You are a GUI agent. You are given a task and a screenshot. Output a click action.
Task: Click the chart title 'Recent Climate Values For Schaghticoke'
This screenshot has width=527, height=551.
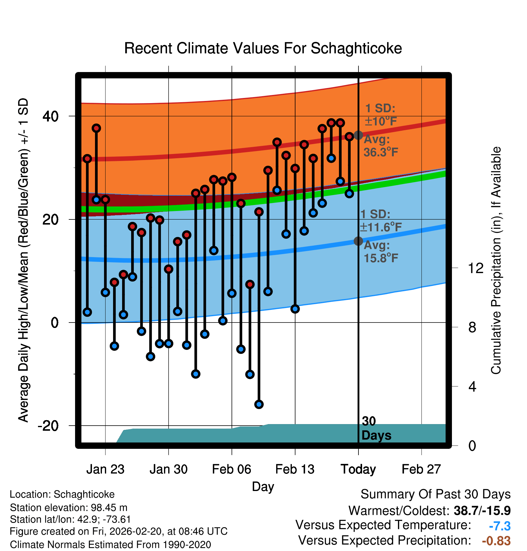[263, 48]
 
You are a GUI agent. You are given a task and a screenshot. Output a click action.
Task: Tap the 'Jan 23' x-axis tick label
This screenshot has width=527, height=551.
[105, 469]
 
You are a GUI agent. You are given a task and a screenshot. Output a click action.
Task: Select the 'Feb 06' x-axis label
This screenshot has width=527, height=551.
[232, 469]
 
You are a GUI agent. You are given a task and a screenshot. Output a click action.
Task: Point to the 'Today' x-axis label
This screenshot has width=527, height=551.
[358, 469]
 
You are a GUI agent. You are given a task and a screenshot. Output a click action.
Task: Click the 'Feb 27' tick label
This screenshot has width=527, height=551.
[421, 469]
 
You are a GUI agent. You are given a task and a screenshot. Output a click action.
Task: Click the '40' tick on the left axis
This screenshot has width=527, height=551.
[50, 116]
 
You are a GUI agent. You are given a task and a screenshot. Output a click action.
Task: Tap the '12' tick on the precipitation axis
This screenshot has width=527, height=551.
[475, 268]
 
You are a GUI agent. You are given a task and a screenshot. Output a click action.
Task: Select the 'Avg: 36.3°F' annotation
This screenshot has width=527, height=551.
[381, 146]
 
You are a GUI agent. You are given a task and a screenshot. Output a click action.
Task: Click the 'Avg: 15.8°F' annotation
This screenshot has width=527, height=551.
[381, 252]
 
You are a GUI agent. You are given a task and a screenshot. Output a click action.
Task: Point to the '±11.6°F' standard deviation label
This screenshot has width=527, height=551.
[381, 227]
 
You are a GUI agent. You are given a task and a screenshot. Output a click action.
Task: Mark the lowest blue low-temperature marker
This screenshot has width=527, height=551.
[259, 404]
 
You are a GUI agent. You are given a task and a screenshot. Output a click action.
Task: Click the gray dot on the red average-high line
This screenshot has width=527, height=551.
[358, 135]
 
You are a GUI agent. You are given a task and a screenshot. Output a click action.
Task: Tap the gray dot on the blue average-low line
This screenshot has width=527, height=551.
[358, 241]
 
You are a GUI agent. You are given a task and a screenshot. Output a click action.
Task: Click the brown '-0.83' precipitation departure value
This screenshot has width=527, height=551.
[496, 541]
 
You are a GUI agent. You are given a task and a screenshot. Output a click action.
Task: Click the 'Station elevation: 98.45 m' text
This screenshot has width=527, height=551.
[68, 508]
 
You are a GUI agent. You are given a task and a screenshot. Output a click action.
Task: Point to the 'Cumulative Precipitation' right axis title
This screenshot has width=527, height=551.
[496, 260]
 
